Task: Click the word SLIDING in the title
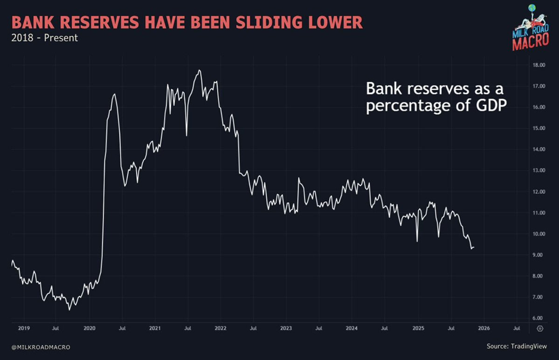(x=259, y=23)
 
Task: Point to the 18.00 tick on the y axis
(x=539, y=65)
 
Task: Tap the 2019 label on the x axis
(x=24, y=328)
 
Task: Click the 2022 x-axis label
(x=221, y=328)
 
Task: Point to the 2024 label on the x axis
(x=351, y=328)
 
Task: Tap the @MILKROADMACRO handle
(x=40, y=347)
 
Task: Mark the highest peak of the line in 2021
(x=199, y=70)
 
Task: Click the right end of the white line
(x=474, y=248)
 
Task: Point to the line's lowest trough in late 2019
(x=69, y=309)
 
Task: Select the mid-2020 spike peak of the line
(x=114, y=94)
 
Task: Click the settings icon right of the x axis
(x=539, y=328)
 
